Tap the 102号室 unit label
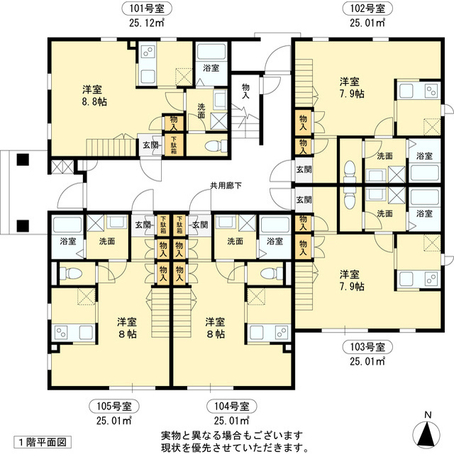[367, 9]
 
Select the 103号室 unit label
[367, 348]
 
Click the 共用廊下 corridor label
[226, 186]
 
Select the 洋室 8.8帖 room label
[92, 96]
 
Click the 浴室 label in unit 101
[211, 69]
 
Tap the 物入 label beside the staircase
[246, 90]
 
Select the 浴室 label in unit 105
[69, 241]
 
